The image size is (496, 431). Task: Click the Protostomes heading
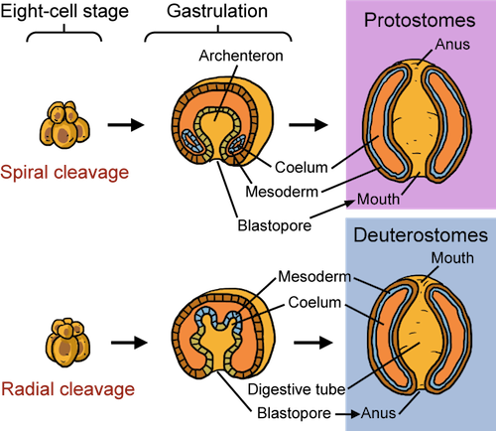point(420,21)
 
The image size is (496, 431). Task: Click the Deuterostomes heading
point(421,235)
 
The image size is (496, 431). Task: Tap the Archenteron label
point(241,56)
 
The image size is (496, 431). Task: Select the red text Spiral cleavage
point(64,173)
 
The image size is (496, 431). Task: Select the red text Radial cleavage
point(67,389)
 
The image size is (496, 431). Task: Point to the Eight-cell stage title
point(64,12)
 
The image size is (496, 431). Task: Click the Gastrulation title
point(217,11)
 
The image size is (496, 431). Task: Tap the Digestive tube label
point(297,389)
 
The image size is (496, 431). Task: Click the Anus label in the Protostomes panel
point(452,44)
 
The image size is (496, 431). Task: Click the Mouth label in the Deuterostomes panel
point(452,258)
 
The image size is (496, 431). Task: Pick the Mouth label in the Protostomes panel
point(378,199)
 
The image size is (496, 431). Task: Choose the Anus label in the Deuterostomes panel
point(378,413)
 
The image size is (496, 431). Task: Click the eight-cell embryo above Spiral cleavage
point(64,125)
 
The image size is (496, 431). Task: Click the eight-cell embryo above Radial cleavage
point(67,343)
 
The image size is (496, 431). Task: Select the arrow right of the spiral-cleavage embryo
point(126,125)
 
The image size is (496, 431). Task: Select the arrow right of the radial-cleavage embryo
point(129,343)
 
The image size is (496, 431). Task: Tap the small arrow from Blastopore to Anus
point(347,414)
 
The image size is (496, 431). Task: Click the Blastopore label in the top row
point(275,225)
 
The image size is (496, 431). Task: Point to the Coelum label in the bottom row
point(314,302)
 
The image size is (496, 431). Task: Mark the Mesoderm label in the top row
point(282,192)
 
